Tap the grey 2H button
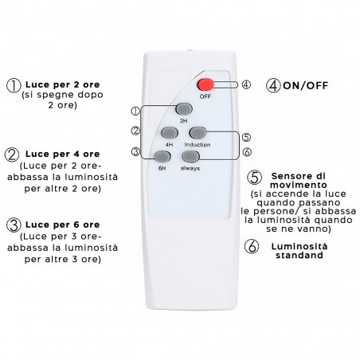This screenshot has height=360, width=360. pos(183,109)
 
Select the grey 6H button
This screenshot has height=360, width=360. pos(163,157)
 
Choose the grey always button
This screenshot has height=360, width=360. pos(189,157)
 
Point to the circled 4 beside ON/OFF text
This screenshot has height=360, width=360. pos(273,84)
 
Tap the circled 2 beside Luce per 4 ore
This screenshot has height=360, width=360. pos(13,155)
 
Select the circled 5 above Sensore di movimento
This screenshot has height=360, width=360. pos(254,177)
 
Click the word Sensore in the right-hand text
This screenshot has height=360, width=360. pos(291,174)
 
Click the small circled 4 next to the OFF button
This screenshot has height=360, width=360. pos(246,82)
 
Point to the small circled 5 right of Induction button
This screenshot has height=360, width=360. pos(246,136)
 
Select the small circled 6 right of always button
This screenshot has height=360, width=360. pos(246,152)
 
